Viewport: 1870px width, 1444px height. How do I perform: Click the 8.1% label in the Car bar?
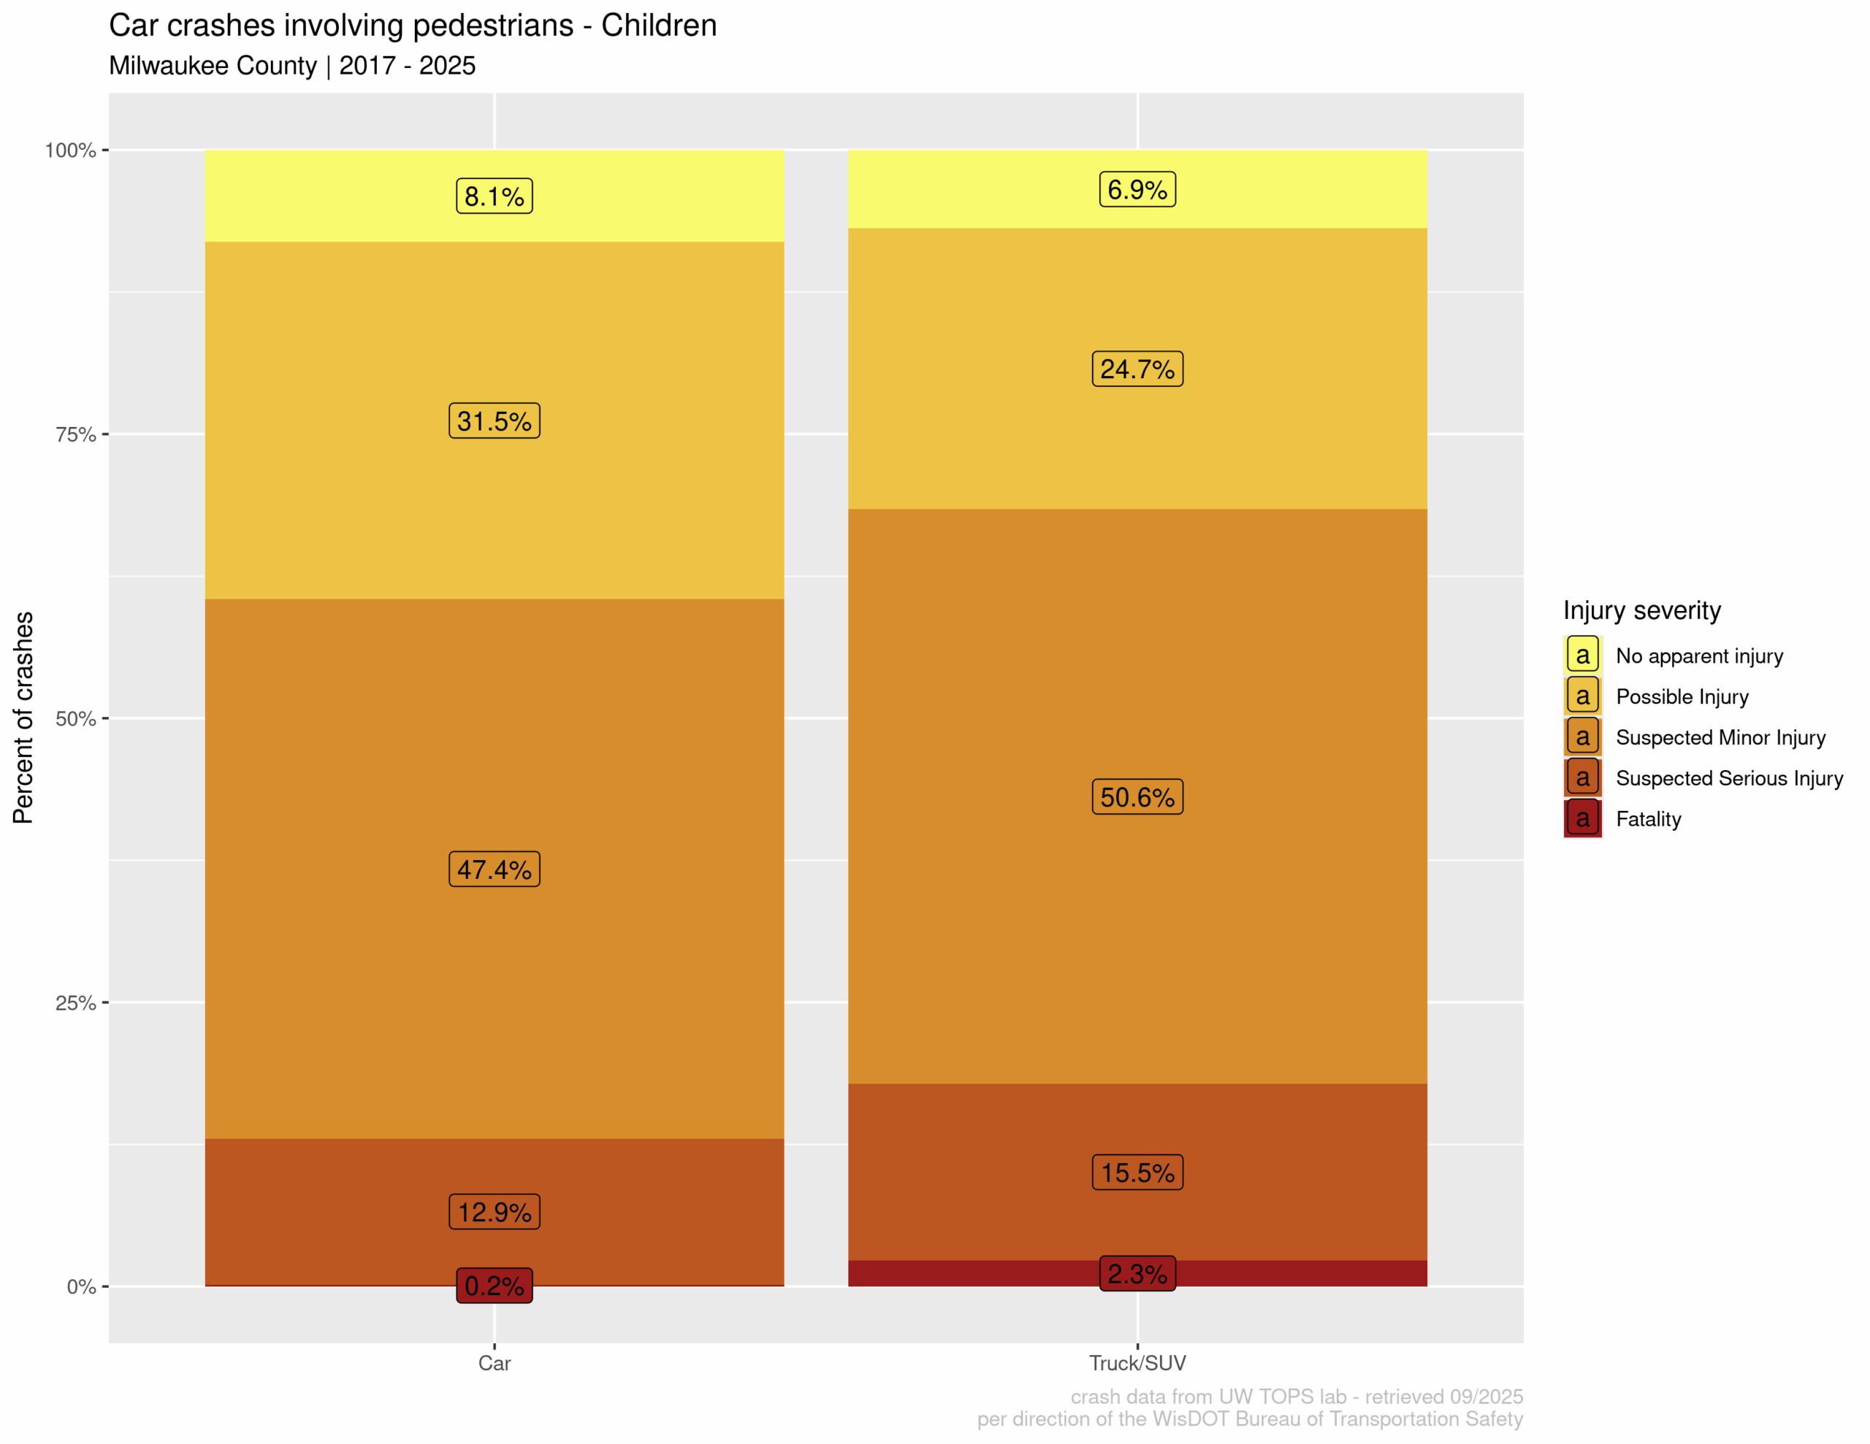(x=494, y=196)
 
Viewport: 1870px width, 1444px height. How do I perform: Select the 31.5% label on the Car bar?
(x=494, y=421)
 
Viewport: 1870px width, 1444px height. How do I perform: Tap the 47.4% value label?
(x=494, y=869)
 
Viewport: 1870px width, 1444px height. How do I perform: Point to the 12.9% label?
(x=494, y=1212)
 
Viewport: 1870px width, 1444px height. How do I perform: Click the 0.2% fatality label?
(x=494, y=1286)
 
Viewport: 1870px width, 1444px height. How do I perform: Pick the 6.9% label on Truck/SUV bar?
(x=1137, y=189)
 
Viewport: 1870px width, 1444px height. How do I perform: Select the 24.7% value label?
(x=1137, y=369)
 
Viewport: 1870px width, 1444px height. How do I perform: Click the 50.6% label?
(x=1137, y=797)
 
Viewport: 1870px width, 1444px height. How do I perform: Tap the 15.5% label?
(x=1137, y=1172)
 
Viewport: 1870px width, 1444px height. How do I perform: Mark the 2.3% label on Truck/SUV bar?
(x=1137, y=1274)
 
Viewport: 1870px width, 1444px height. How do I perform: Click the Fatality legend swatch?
(x=1582, y=819)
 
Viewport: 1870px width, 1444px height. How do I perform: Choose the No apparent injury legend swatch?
(x=1582, y=656)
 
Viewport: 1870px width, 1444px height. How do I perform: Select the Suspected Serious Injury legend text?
(x=1729, y=778)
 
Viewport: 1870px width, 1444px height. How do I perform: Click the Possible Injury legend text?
(x=1682, y=696)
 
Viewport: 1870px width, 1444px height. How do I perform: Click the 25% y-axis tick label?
(x=75, y=1003)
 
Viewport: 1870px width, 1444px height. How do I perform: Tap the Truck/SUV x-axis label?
(x=1137, y=1364)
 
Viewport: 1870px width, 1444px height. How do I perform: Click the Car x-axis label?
(x=494, y=1364)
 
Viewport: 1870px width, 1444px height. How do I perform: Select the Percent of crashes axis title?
(x=23, y=718)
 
